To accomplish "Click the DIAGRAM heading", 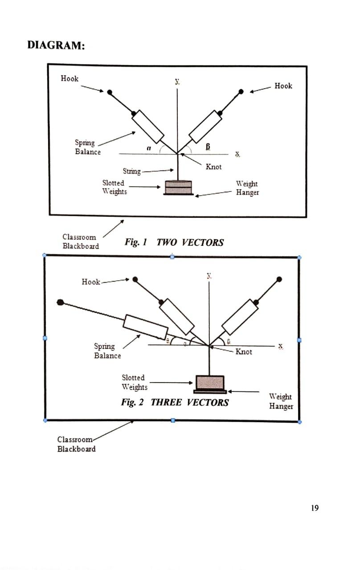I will (x=56, y=45).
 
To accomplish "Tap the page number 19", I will (x=315, y=508).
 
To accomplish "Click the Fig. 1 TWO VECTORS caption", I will (x=174, y=243).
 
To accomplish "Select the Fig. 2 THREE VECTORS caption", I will (x=175, y=403).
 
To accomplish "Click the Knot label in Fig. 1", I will (x=213, y=167).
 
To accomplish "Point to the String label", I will (x=131, y=171).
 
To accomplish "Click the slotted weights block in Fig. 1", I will (x=178, y=187).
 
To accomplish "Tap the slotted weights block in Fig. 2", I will (x=210, y=383).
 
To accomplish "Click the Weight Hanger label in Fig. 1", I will (x=247, y=188).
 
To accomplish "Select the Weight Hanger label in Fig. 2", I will (x=281, y=401).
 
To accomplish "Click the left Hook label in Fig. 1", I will (x=70, y=79).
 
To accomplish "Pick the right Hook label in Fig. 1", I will (x=283, y=86).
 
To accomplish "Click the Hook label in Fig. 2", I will (x=91, y=282).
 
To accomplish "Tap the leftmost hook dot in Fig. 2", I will (x=61, y=302).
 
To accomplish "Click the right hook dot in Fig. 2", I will (x=279, y=279).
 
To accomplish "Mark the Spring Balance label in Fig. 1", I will (x=87, y=147).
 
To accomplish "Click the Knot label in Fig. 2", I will (x=244, y=352).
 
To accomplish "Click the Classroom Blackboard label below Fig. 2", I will (x=76, y=444).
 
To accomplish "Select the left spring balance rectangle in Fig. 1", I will (x=147, y=124).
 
